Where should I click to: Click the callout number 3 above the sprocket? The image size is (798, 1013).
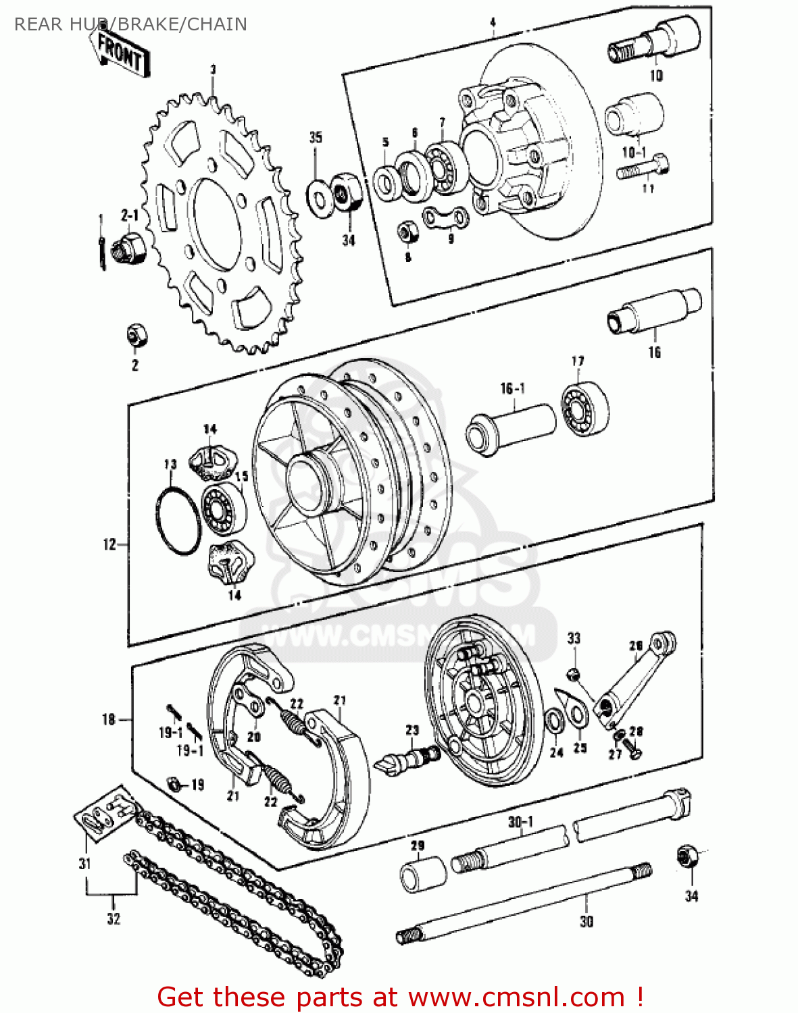tap(213, 69)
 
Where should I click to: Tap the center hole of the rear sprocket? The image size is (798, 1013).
tap(215, 222)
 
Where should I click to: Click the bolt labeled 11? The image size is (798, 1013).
tap(643, 167)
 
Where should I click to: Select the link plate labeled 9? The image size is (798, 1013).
tap(447, 218)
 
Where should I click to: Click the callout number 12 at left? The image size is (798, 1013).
tap(109, 544)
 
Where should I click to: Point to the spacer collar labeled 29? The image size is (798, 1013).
tap(423, 874)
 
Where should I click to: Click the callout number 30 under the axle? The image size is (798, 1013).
tap(587, 921)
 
